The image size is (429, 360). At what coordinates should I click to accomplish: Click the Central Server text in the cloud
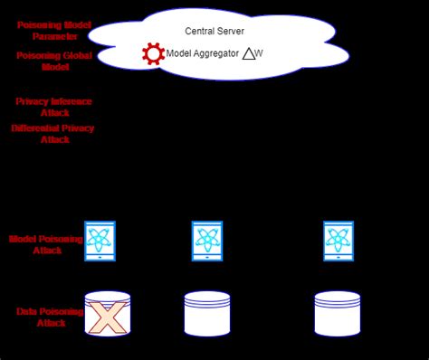coord(214,31)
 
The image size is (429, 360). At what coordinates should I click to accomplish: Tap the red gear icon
coord(154,54)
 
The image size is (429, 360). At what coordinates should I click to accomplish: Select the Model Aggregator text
coord(203,54)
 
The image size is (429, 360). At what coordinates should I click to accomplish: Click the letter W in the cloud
coord(260,54)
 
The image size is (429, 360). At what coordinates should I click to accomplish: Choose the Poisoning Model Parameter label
coord(53,30)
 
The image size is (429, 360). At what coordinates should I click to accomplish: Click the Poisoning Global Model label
coord(53,61)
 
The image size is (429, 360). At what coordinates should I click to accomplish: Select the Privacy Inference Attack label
coord(53,107)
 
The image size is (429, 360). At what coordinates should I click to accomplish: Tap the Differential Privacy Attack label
coord(53,134)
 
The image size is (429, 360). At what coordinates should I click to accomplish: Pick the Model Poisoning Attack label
coord(47,244)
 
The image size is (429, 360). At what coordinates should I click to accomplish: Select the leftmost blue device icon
coord(100,242)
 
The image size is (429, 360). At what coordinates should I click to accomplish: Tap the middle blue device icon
coord(207,242)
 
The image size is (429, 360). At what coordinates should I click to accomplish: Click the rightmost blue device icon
coord(338,242)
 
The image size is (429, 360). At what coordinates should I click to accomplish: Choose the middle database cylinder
coord(207,314)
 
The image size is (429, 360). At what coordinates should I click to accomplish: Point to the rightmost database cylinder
coord(338,314)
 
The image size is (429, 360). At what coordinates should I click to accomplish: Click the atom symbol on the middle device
coord(207,240)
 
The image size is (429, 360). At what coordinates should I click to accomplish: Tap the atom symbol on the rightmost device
coord(338,240)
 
